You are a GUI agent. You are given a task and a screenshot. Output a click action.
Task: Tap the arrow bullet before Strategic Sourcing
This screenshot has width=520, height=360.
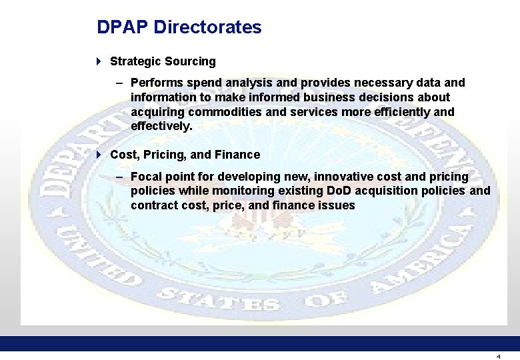point(99,61)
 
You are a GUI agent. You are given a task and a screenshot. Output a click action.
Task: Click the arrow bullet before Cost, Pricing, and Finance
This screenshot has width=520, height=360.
point(99,155)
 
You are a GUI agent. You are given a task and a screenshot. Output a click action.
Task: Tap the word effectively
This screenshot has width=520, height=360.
point(161,126)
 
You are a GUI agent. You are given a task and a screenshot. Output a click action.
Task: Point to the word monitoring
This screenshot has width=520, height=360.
point(245,191)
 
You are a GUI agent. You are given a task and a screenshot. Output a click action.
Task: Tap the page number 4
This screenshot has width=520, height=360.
point(498,356)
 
